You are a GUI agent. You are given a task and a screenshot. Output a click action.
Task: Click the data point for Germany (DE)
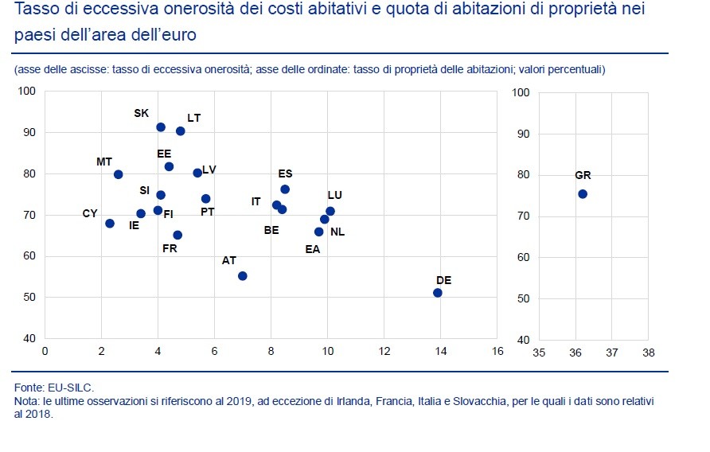pos(437,293)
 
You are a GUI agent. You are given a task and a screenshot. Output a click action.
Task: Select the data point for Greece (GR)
pos(582,193)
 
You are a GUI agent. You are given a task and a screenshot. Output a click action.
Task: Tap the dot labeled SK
pos(161,127)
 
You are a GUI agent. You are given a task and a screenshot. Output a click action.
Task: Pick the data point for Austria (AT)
pos(243,276)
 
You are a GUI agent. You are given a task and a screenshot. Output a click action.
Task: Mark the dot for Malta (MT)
pos(119,174)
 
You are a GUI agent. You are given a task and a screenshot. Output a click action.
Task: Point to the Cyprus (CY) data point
pos(110,224)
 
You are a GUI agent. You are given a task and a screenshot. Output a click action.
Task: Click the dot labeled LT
pos(181,131)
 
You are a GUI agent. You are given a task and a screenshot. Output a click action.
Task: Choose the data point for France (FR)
pos(177,235)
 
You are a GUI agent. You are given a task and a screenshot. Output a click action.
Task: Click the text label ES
pos(285,173)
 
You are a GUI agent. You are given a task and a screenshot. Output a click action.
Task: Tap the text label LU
pos(334,195)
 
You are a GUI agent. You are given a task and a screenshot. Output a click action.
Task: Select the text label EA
pos(313,249)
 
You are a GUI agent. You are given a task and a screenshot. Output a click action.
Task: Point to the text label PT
pos(207,212)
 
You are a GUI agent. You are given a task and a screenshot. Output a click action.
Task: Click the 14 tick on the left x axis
pos(440,351)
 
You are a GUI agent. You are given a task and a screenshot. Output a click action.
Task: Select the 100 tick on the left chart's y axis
pos(28,92)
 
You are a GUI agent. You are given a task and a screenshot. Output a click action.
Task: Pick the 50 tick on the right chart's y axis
pos(522,298)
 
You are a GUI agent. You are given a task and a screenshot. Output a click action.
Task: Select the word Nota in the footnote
pos(25,401)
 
